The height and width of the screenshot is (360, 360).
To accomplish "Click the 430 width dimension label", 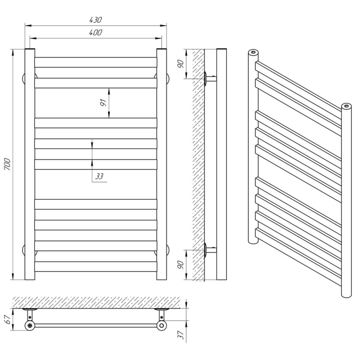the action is click(95, 20).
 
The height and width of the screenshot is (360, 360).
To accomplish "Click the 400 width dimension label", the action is click(95, 32).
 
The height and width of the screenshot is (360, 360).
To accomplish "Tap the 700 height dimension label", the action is click(7, 164).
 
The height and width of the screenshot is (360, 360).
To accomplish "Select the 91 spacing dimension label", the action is click(103, 103).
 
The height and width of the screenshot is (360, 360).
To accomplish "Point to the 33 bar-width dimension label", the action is click(99, 176).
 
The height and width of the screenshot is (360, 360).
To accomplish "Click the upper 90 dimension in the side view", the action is click(181, 63).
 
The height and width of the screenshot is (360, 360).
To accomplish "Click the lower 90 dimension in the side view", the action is click(181, 265).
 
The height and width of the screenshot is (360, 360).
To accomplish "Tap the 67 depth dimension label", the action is click(7, 319).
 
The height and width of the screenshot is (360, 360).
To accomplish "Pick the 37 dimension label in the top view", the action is click(181, 335).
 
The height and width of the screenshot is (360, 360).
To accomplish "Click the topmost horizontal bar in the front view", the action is click(96, 62).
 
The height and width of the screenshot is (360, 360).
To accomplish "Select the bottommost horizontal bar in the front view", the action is click(96, 266).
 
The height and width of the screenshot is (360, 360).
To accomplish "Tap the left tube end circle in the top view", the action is click(30, 325).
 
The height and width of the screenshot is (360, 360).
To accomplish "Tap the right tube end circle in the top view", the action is click(162, 325).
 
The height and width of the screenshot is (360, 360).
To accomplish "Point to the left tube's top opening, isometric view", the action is click(253, 52).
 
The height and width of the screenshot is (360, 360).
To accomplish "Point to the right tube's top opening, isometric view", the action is click(346, 106).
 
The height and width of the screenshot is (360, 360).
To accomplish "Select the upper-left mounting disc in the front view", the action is click(24, 78).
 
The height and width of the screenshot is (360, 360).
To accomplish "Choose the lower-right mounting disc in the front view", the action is click(168, 250).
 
